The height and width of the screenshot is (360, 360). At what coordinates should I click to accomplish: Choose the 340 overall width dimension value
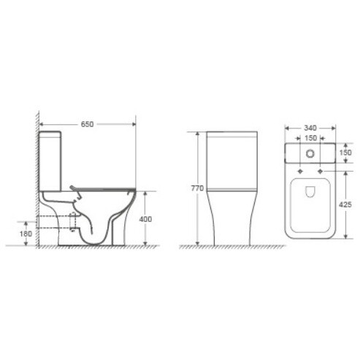pyautogui.click(x=310, y=124)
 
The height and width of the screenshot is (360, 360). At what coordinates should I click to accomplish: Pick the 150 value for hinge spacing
pyautogui.click(x=310, y=137)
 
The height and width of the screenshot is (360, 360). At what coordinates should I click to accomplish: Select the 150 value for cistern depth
pyautogui.click(x=347, y=153)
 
